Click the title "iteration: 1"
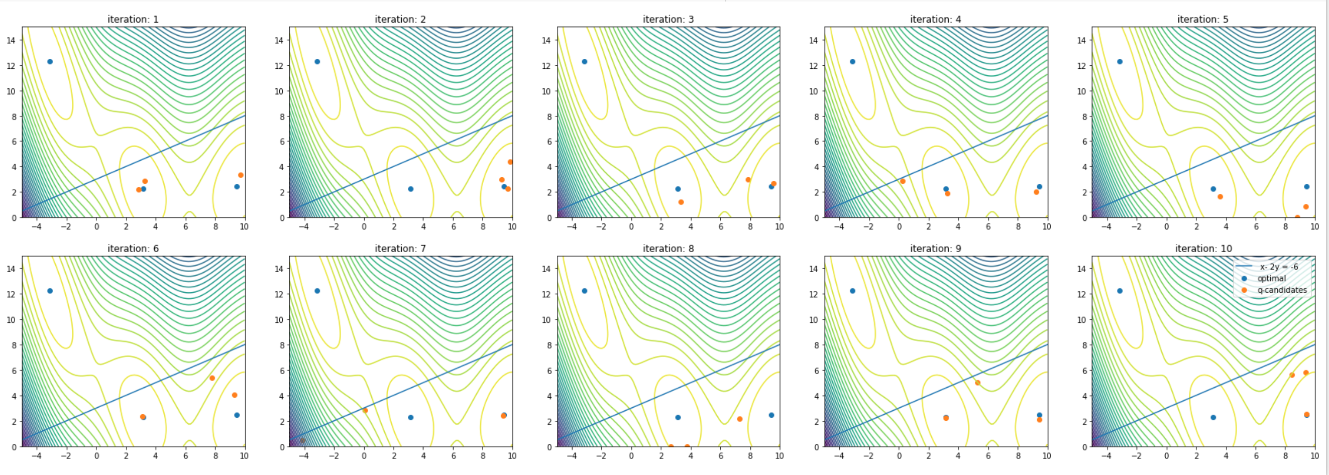(133, 19)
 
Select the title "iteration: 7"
(400, 249)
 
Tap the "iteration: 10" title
(1203, 249)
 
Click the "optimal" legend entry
(1271, 279)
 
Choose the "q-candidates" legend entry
(1282, 290)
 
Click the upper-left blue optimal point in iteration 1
(50, 61)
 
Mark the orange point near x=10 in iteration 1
(241, 175)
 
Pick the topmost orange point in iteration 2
(510, 162)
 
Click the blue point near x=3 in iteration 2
(411, 189)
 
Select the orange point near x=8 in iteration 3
(748, 179)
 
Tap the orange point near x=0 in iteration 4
(903, 181)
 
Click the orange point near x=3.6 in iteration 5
(1220, 196)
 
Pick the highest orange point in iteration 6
(212, 378)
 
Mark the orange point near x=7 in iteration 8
(739, 419)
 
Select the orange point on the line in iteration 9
(977, 383)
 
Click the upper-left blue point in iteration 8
(585, 291)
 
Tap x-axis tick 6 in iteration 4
(988, 226)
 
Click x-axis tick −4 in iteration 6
(36, 456)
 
